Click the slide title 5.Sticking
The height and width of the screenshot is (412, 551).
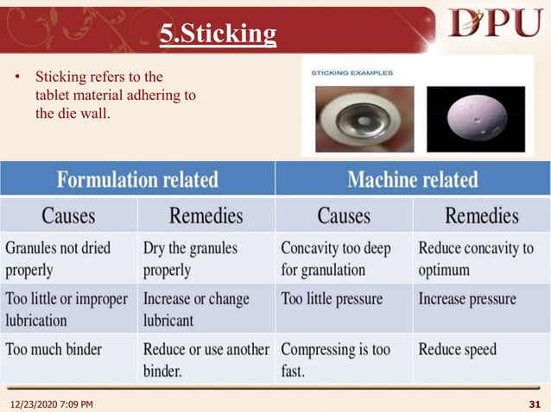[x=218, y=34]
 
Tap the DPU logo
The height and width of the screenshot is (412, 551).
[x=495, y=23]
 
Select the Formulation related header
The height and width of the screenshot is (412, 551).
[x=137, y=179]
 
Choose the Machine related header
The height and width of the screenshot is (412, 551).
[x=412, y=179]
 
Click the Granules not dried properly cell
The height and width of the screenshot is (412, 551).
[x=58, y=259]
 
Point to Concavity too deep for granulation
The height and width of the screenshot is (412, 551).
[x=336, y=259]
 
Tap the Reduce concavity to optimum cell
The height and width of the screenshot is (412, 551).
[x=476, y=259]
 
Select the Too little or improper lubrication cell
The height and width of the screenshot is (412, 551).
[x=66, y=309]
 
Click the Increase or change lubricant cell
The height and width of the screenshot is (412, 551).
[x=196, y=309]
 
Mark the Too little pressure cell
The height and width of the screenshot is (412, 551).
[x=332, y=300]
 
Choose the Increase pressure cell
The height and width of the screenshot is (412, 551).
[x=467, y=300]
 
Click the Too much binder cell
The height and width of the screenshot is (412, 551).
[x=54, y=351]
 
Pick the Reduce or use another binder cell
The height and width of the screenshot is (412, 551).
[x=205, y=359]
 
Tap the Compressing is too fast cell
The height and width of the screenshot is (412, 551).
[x=335, y=359]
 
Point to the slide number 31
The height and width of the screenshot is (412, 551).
[x=533, y=403]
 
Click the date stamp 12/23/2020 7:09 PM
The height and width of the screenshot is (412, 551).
[x=52, y=403]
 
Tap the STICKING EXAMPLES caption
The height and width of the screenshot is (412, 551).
[x=352, y=73]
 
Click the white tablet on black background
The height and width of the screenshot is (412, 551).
[x=475, y=120]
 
